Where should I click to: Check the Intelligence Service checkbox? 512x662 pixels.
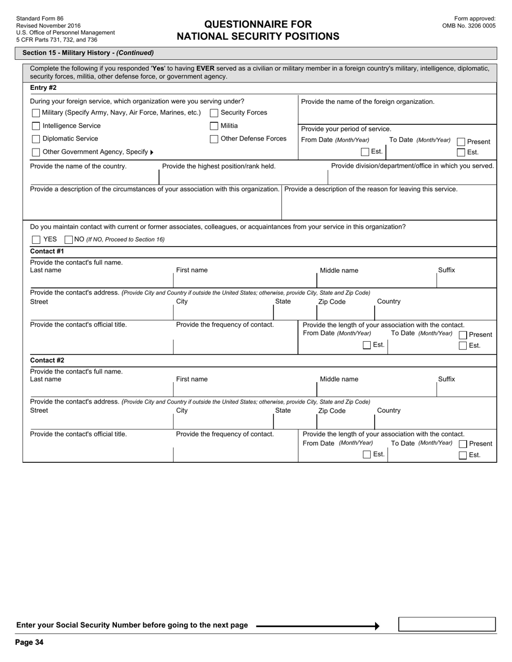(36, 126)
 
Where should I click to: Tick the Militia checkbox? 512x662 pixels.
(214, 126)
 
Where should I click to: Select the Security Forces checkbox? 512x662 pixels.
(214, 113)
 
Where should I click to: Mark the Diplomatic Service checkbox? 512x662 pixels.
(36, 139)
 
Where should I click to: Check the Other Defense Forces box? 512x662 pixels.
(214, 139)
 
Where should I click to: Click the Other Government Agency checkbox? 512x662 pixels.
(36, 152)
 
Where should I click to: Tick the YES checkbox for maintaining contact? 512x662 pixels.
(36, 240)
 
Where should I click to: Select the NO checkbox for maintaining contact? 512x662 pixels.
(68, 240)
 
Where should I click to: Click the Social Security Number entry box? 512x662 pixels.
(446, 624)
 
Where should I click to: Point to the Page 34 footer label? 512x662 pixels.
(29, 642)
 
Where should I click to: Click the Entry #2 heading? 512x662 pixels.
(43, 88)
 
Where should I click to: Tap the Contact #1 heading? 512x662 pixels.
(47, 251)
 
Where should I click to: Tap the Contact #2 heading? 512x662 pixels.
(47, 361)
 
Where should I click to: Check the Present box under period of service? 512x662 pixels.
(461, 142)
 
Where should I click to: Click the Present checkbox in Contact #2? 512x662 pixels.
(462, 444)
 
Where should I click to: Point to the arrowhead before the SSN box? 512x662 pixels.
(377, 626)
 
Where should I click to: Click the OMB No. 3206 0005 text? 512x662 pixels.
(468, 26)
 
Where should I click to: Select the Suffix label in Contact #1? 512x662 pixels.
(446, 270)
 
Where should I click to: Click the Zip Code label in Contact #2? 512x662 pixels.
(331, 411)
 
